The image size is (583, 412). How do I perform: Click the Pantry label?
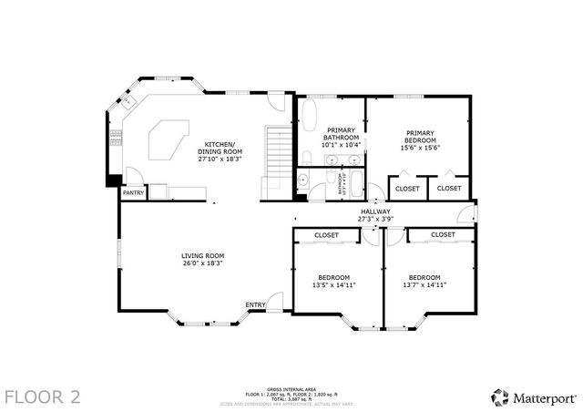134,192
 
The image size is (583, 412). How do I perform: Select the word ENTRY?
255,304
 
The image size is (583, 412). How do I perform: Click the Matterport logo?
533,397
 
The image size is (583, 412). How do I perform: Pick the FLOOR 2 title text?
43,397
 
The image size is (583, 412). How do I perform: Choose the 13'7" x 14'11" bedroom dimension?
424,284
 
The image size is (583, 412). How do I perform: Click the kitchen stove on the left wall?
115,138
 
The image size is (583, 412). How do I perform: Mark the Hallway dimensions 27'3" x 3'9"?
375,219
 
